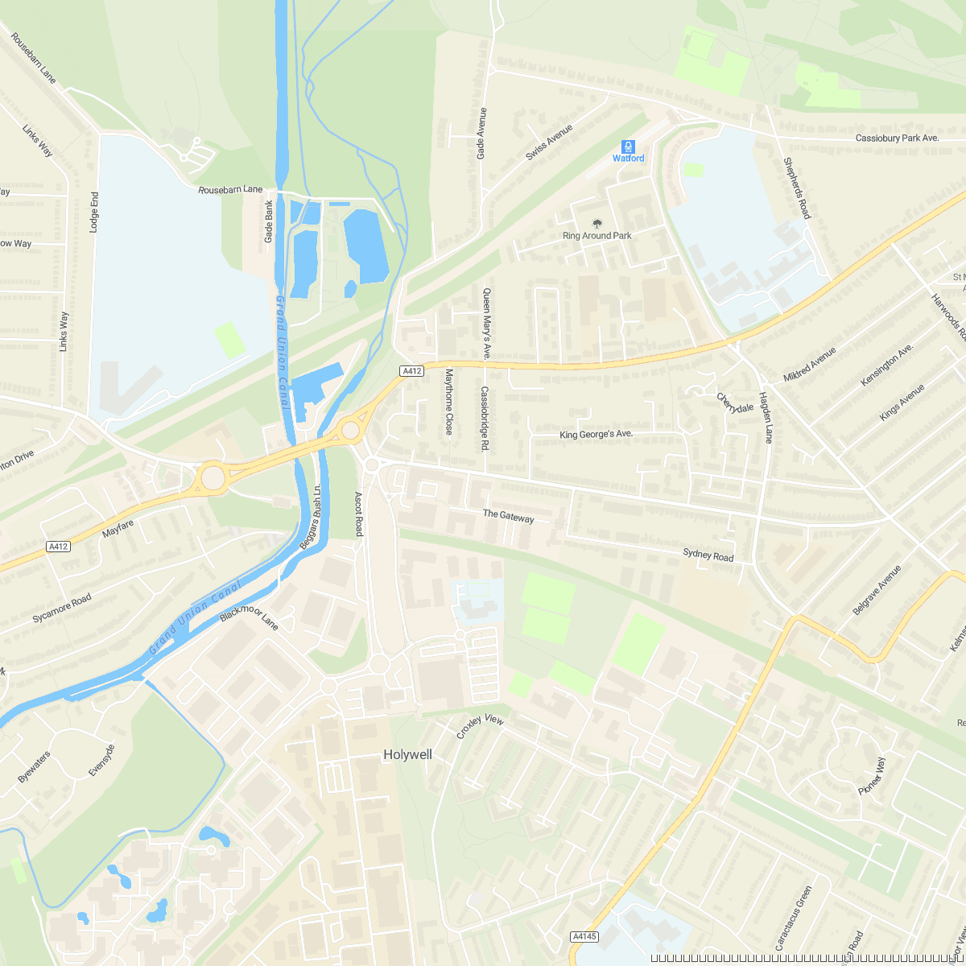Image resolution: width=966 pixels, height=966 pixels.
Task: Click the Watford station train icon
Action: [x=628, y=147]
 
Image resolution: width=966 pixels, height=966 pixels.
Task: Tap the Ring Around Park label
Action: [x=597, y=236]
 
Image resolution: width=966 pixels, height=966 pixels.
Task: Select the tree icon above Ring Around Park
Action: [x=597, y=223]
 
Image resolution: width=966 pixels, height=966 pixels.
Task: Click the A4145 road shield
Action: [x=584, y=936]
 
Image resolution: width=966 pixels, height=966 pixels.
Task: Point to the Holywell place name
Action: [x=407, y=755]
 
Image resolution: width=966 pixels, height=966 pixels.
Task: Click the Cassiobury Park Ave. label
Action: [x=897, y=138]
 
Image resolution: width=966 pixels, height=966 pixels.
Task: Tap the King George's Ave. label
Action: [x=597, y=435]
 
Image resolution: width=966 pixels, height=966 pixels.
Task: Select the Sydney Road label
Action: [x=708, y=555]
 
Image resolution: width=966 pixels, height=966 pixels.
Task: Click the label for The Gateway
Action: [x=508, y=516]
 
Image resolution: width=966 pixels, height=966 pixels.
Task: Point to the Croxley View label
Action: [x=480, y=727]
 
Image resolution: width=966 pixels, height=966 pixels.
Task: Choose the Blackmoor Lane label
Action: [x=249, y=617]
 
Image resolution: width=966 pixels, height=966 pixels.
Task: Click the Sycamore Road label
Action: [x=62, y=609]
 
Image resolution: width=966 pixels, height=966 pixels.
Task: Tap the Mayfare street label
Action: [x=118, y=529]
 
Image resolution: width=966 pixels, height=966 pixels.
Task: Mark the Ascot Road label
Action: [x=359, y=514]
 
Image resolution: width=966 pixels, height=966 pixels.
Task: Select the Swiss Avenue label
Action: [x=549, y=142]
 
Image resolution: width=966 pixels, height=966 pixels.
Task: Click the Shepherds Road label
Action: [x=797, y=188]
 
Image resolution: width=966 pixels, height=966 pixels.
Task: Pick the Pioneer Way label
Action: [x=871, y=776]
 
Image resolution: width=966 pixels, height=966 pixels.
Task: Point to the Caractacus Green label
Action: [x=794, y=919]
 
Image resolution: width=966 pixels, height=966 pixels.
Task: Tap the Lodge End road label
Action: [x=94, y=213]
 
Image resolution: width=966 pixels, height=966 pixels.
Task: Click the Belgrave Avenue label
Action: [x=877, y=590]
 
